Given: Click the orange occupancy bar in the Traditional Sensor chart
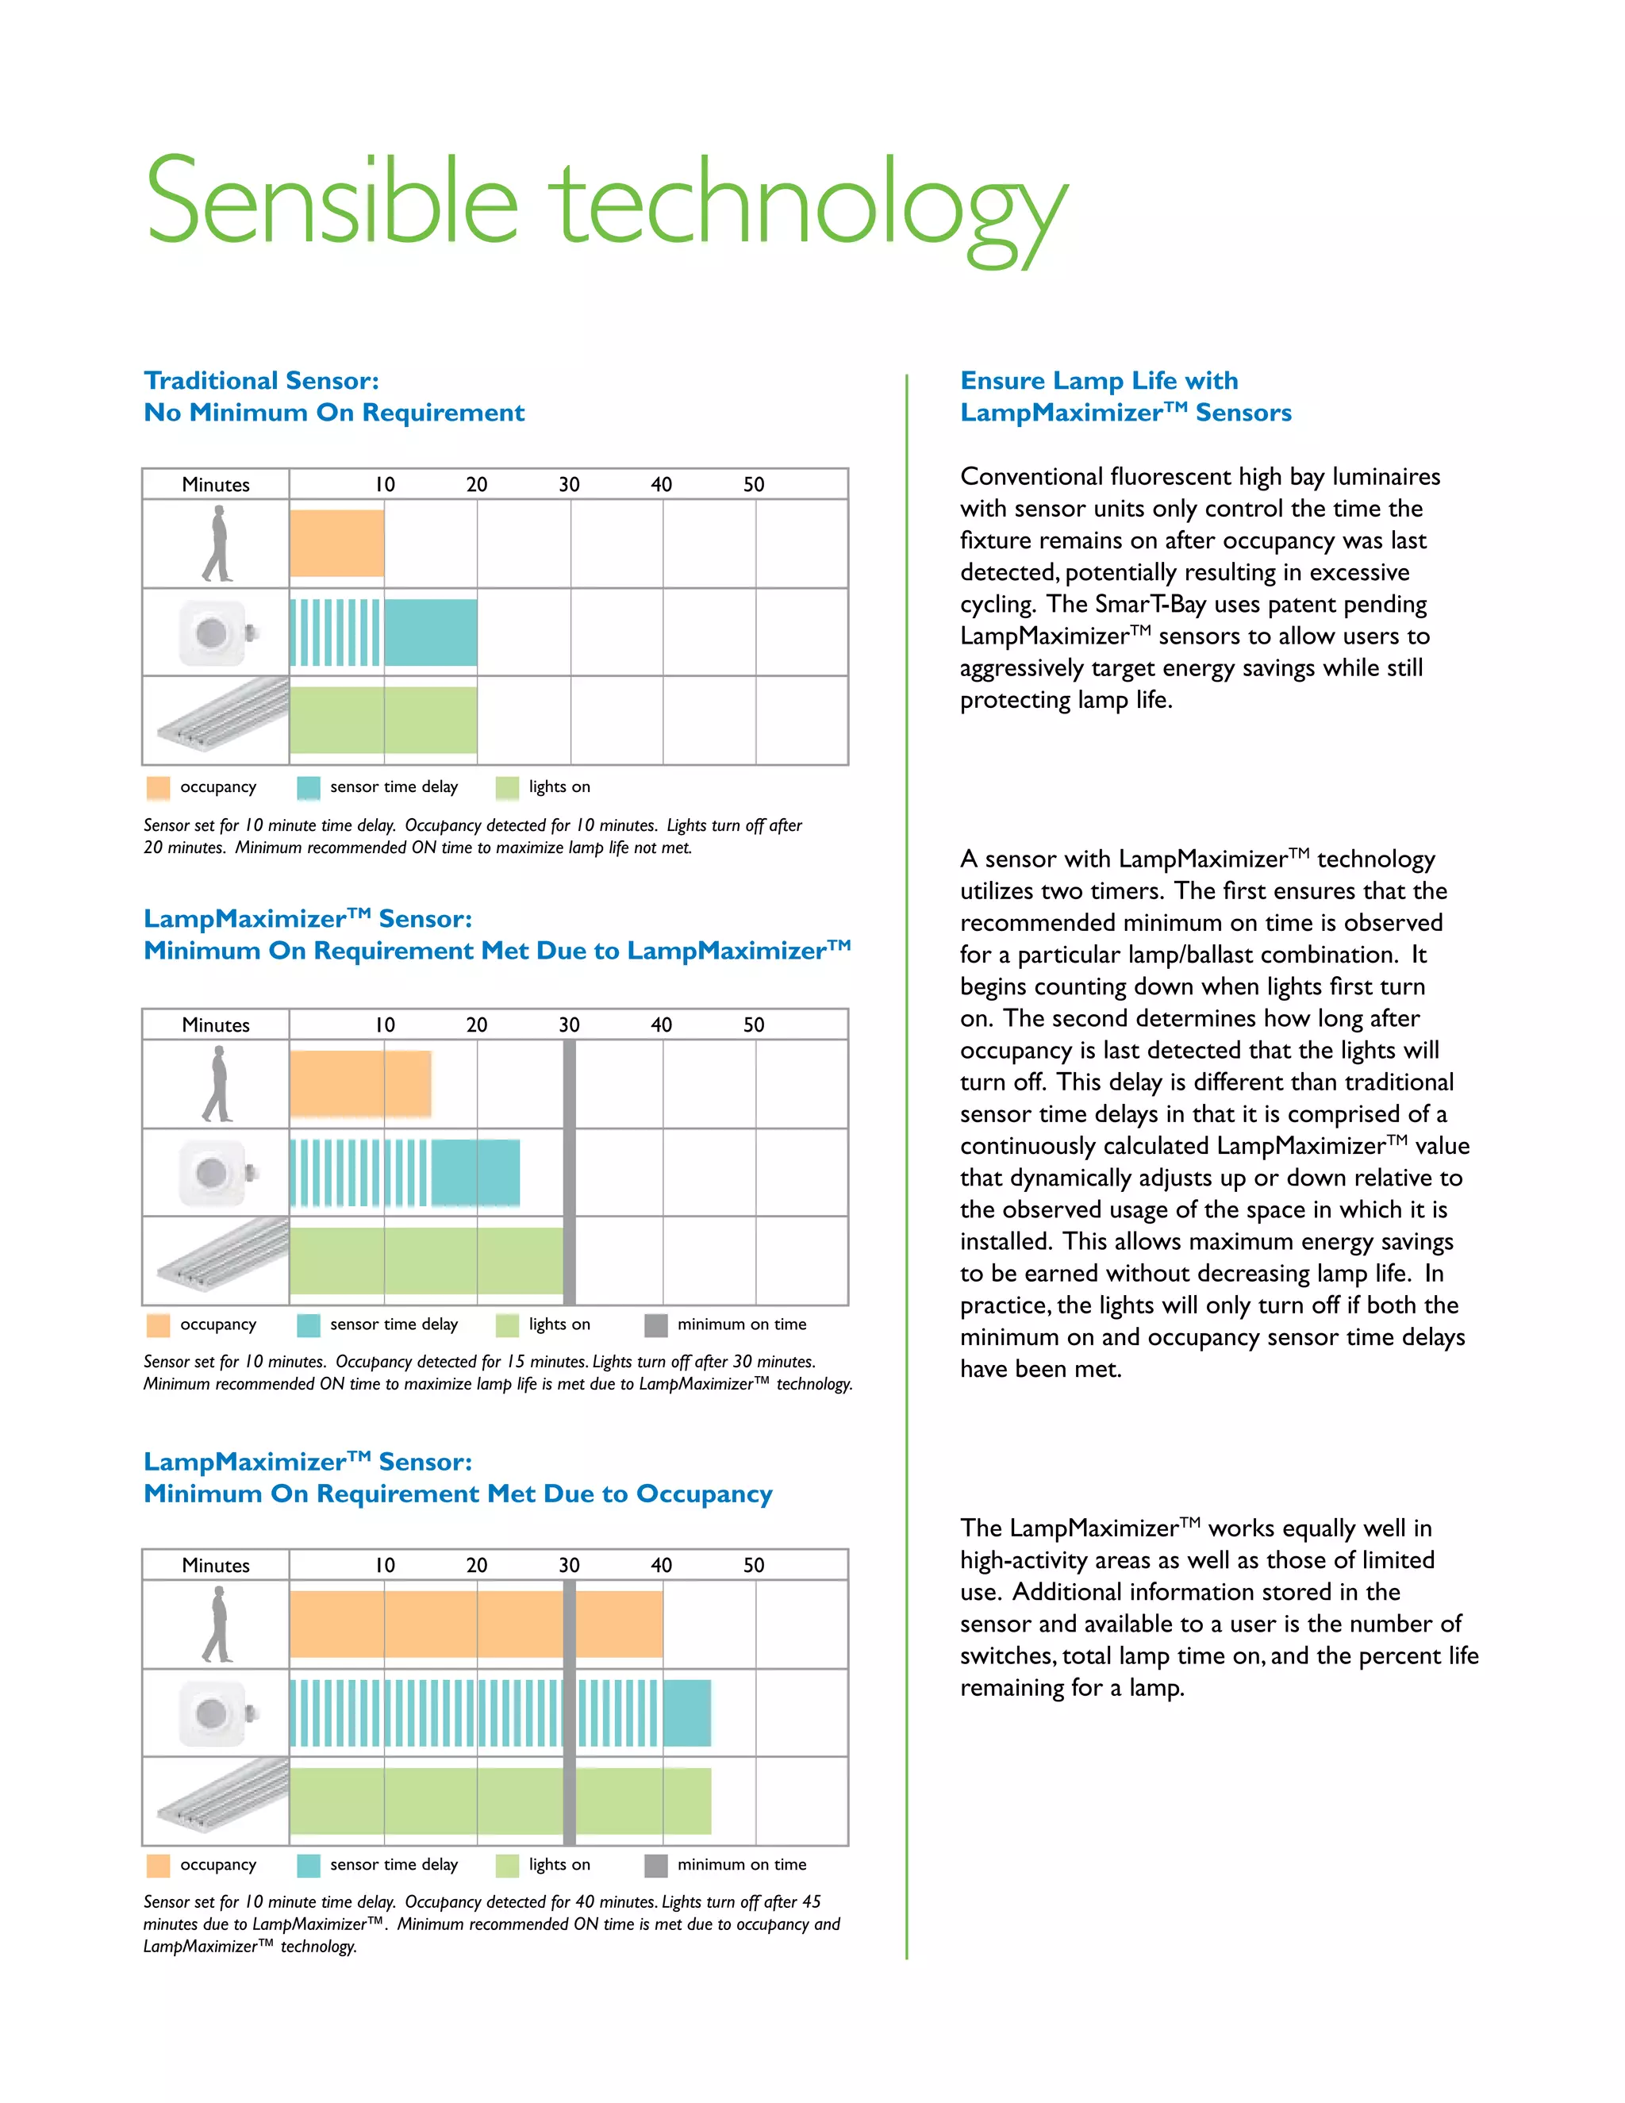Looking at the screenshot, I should click(x=337, y=543).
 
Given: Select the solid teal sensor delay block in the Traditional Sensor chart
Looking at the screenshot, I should click(x=430, y=632).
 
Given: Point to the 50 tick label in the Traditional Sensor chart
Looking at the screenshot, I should click(x=754, y=484).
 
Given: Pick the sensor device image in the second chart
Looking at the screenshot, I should click(x=217, y=1173).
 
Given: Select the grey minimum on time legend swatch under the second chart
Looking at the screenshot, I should click(x=655, y=1326).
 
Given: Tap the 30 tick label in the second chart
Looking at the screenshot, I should click(x=569, y=1025).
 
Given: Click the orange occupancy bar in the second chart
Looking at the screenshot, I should click(x=360, y=1083).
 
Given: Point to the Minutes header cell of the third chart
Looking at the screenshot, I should click(x=216, y=1565).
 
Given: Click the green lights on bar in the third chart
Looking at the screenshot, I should click(x=501, y=1801).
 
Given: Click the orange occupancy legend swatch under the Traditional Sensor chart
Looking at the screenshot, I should click(x=158, y=788).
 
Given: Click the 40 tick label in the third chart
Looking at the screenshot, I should click(x=662, y=1565).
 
